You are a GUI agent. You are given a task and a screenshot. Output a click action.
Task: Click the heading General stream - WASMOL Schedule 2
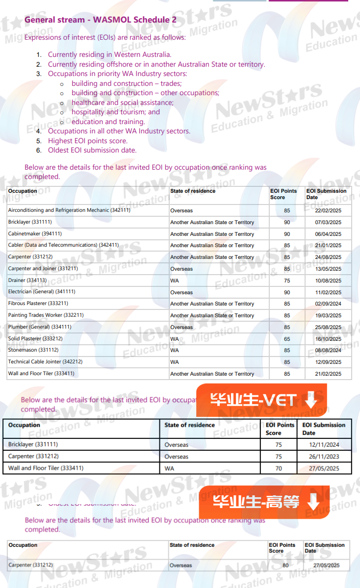(x=101, y=20)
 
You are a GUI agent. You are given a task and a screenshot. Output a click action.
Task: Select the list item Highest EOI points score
(x=87, y=141)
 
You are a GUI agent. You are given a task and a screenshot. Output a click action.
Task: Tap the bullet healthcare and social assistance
(x=122, y=102)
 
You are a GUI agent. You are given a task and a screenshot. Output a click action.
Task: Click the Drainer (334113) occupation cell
(x=27, y=281)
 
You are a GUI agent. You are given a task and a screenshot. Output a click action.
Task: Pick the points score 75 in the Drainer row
(x=287, y=281)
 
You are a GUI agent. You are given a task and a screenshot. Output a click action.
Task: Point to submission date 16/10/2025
(x=328, y=339)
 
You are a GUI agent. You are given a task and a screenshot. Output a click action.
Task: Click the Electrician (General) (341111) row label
(x=42, y=292)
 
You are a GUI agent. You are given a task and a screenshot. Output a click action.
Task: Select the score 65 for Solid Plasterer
(x=287, y=339)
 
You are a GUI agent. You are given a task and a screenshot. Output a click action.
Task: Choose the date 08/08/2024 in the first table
(x=328, y=350)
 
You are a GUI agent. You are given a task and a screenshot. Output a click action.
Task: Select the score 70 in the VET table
(x=279, y=468)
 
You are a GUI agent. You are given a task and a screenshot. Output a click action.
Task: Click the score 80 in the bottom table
(x=285, y=565)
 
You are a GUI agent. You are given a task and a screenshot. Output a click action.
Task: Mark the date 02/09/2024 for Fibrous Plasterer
(x=328, y=304)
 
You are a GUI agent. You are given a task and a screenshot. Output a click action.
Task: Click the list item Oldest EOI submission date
(x=92, y=150)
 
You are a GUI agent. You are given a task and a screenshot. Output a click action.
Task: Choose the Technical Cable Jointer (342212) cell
(x=45, y=362)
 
